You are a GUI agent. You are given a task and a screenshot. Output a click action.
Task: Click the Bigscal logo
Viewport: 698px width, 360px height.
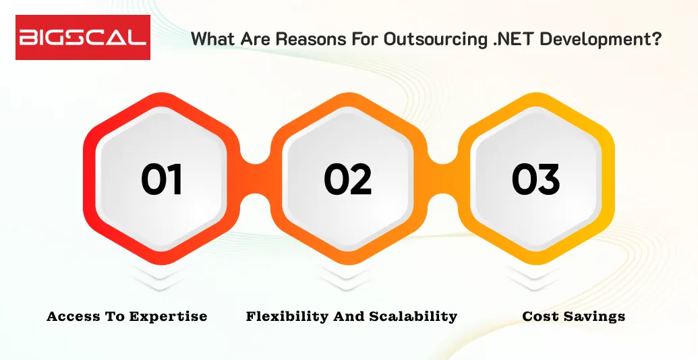click(x=82, y=37)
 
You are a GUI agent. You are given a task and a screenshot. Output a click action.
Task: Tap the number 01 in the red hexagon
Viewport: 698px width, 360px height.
click(x=162, y=179)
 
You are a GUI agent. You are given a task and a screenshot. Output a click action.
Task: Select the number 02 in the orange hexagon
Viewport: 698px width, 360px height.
click(x=348, y=179)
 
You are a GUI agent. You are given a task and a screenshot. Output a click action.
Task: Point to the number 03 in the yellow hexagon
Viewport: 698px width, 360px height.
click(x=535, y=179)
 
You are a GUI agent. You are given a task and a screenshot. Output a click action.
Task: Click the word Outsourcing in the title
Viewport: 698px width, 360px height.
click(x=421, y=39)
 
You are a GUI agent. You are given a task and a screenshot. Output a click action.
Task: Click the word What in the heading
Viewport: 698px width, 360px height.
click(x=212, y=38)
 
